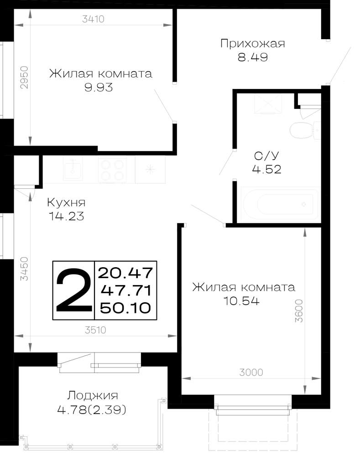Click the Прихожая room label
(x=252, y=44)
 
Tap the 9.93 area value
(x=99, y=87)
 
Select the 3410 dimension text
(x=93, y=19)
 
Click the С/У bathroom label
(x=266, y=156)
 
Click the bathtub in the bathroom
(x=280, y=204)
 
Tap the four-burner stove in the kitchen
(x=112, y=170)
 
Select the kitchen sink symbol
(x=73, y=168)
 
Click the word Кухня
(x=66, y=202)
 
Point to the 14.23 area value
(x=66, y=216)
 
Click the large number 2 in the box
(x=73, y=290)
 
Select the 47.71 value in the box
(x=126, y=290)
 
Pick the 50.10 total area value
(x=125, y=308)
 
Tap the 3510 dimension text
(x=95, y=330)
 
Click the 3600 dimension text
(x=299, y=311)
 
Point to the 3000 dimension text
(x=251, y=372)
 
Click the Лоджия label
(x=93, y=395)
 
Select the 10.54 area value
(x=241, y=301)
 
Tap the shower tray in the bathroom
(x=268, y=104)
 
